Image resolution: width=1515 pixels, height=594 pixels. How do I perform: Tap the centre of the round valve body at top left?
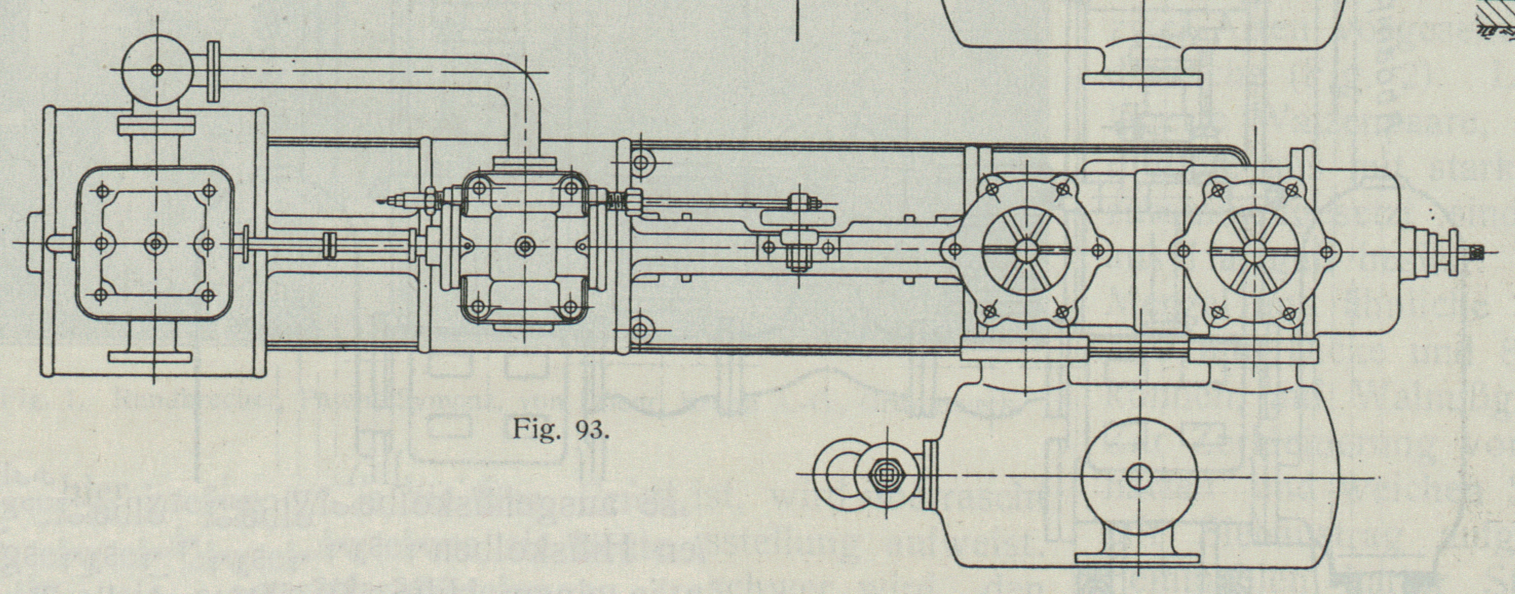(x=157, y=69)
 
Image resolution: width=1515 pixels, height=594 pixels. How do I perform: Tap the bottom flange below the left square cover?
(x=151, y=356)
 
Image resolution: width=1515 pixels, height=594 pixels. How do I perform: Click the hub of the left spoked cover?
(x=1026, y=250)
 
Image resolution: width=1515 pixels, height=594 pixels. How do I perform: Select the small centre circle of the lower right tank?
(x=1139, y=475)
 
